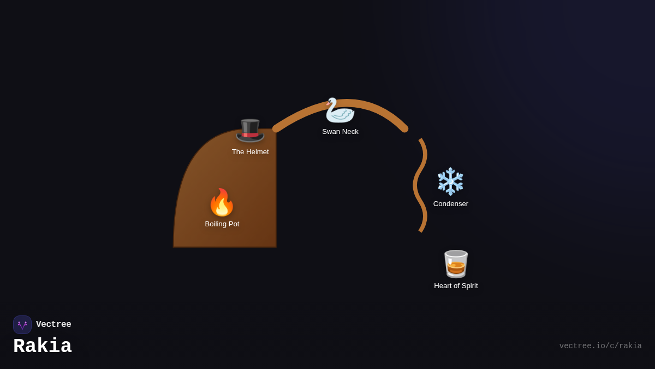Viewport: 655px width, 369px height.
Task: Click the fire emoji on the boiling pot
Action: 222,203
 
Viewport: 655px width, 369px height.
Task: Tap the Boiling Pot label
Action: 222,224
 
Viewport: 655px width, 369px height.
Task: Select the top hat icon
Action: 250,130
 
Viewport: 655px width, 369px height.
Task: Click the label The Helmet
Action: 250,152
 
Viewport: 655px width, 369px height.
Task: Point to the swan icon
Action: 340,110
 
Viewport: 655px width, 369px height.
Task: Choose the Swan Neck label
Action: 340,132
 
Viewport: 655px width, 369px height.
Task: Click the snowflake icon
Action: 450,181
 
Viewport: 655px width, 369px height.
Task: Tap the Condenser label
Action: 451,204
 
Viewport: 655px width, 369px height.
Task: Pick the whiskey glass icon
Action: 456,264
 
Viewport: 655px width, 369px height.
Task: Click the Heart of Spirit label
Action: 456,286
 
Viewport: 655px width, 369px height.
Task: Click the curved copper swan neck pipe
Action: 377,107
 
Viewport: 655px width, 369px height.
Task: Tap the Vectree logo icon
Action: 22,325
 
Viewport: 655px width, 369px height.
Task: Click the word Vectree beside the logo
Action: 53,325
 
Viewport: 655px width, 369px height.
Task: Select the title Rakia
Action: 43,347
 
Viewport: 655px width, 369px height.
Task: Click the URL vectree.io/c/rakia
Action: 600,346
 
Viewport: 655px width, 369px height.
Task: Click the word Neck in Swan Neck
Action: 350,132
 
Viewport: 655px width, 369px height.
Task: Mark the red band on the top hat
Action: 251,134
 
